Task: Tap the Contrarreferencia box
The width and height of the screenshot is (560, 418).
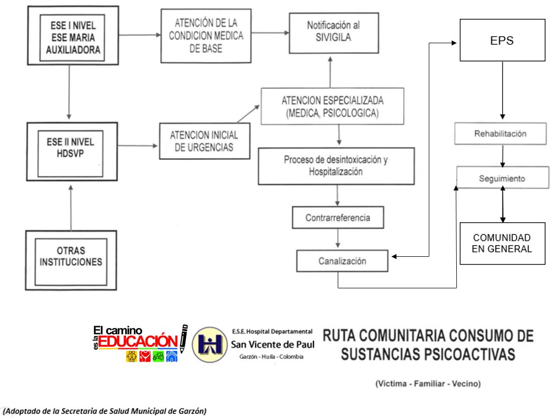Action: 338,218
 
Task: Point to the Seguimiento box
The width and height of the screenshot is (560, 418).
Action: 503,179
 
